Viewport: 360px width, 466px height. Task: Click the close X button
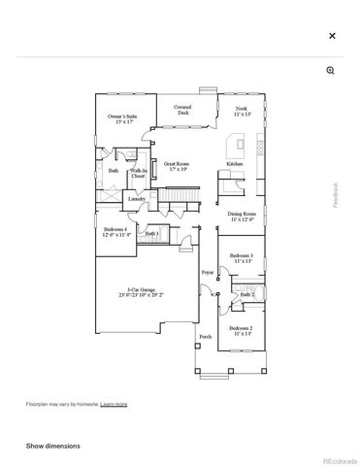pyautogui.click(x=332, y=36)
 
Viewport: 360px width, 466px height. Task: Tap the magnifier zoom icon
pyautogui.click(x=331, y=71)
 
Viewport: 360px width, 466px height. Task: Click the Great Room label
pyautogui.click(x=176, y=167)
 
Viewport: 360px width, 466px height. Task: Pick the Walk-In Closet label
pyautogui.click(x=138, y=175)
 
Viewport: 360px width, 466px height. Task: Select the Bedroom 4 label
pyautogui.click(x=116, y=231)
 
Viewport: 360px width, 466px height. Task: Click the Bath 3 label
pyautogui.click(x=151, y=234)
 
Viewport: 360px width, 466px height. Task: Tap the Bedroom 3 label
pyautogui.click(x=242, y=258)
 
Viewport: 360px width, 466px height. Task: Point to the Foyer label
pyautogui.click(x=207, y=274)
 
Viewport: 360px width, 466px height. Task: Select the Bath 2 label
pyautogui.click(x=245, y=294)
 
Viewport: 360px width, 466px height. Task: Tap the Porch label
pyautogui.click(x=204, y=337)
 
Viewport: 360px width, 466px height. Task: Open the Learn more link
pyautogui.click(x=114, y=403)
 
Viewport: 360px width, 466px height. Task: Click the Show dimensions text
pyautogui.click(x=53, y=446)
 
